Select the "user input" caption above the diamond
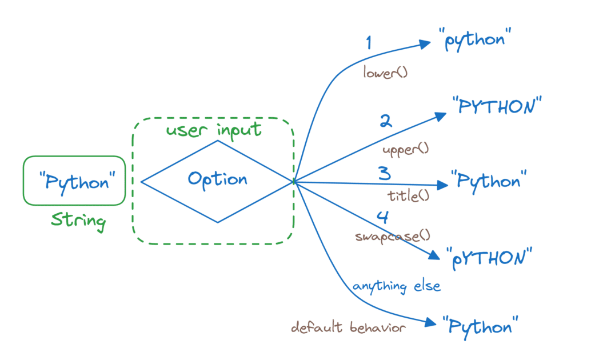pos(213,130)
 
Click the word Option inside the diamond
pos(218,180)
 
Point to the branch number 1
pos(369,43)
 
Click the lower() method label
pos(385,73)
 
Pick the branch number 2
pos(386,121)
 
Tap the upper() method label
pos(405,149)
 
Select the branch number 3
pos(384,173)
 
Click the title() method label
pos(408,195)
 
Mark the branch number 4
pos(382,217)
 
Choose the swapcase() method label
pos(392,235)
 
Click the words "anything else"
pos(397,286)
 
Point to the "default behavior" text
pos(348,327)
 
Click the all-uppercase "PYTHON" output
pos(496,107)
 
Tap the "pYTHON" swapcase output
pos(484,257)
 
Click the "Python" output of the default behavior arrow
pos(480,327)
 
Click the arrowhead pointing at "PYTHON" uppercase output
pos(441,116)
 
